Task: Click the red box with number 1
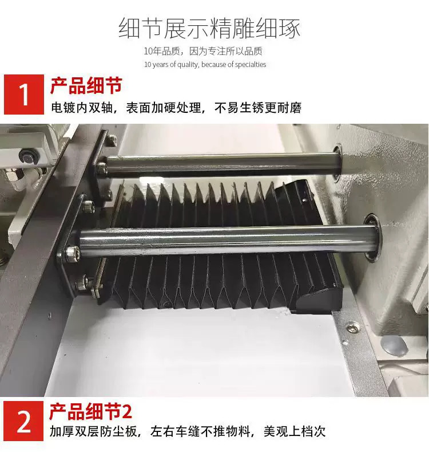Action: [24, 95]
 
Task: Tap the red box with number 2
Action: [24, 420]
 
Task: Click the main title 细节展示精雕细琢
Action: [209, 28]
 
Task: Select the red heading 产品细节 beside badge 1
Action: [86, 85]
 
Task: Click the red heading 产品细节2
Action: [91, 412]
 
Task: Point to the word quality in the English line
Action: [188, 65]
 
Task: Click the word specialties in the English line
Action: [250, 64]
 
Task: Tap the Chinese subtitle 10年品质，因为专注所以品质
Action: [203, 52]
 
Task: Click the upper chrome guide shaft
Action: [222, 165]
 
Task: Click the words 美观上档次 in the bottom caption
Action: [294, 431]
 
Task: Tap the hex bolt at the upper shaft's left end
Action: [101, 167]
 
